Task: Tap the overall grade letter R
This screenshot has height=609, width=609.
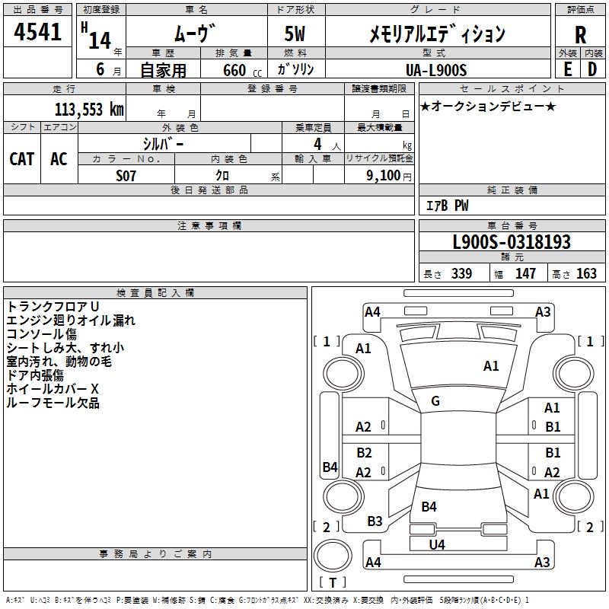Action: pos(580,35)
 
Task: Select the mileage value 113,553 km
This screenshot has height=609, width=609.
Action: pos(89,109)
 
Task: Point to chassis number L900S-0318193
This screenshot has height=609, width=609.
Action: pos(511,243)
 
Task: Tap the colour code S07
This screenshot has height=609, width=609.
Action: pos(126,174)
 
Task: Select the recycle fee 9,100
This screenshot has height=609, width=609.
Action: pos(383,175)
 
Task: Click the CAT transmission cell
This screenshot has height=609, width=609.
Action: pos(22,159)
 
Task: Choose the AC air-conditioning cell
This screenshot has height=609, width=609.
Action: pos(59,159)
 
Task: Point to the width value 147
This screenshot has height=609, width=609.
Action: pos(525,273)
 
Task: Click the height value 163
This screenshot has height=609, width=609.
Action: pos(586,273)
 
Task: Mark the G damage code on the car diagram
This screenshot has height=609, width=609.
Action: pos(435,400)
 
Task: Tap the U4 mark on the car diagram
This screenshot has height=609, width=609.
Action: pos(437,544)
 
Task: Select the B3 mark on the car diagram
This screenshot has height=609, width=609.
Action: pos(375,521)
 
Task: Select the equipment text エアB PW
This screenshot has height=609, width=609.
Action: pos(447,205)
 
